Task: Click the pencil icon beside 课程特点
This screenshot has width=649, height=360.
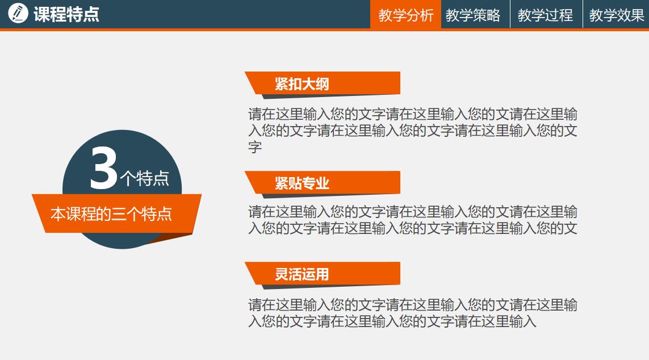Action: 18,13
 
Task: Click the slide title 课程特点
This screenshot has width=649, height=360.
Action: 66,14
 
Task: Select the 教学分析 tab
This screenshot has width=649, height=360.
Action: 406,15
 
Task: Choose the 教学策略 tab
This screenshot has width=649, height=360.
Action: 473,15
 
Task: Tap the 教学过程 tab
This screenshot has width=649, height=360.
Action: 545,15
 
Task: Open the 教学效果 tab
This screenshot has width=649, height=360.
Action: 617,15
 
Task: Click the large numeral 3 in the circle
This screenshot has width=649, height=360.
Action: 103,169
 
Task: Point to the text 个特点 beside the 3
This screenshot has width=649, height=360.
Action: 145,178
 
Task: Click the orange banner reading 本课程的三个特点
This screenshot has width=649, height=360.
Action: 111,214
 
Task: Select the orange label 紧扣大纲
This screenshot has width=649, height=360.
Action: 302,84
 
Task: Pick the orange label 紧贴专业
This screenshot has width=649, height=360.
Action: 302,183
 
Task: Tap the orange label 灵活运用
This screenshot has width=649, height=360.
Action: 302,274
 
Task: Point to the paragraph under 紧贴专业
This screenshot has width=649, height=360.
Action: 413,220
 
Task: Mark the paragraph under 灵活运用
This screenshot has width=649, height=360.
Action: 413,313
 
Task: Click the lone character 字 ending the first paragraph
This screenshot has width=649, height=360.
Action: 255,148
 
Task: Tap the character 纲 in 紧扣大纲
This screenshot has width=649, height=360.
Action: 323,84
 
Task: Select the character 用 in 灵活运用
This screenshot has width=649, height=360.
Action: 323,274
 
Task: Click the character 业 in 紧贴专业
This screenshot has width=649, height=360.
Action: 323,183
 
